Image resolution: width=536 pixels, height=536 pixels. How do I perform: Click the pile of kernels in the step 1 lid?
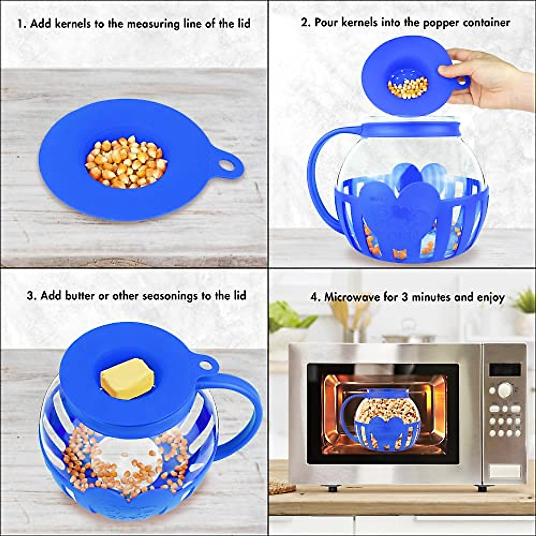pos(126,162)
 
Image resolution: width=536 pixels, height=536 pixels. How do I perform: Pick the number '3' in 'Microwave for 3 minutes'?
pos(404,297)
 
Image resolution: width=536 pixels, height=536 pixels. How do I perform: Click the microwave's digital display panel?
pos(505,369)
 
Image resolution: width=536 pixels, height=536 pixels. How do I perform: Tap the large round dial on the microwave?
pos(504,389)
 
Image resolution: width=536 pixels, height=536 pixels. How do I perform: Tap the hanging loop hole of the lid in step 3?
pos(206,365)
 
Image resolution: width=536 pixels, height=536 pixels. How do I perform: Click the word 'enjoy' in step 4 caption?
pos(490,298)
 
